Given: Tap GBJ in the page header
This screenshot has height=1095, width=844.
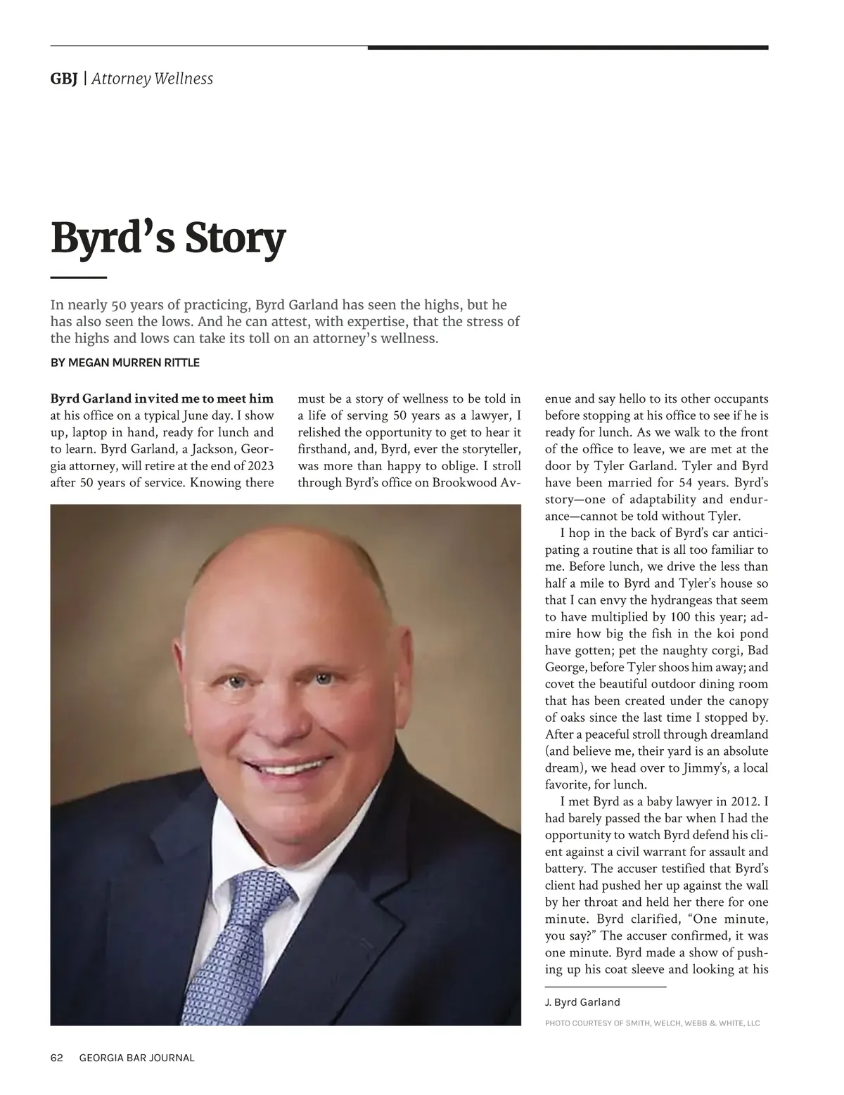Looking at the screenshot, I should (x=63, y=79).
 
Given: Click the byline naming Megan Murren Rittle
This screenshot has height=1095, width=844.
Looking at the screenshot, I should (x=125, y=363).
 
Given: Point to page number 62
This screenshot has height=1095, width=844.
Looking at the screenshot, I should (x=57, y=1058).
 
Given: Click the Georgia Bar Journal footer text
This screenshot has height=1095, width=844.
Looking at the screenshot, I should (x=137, y=1058).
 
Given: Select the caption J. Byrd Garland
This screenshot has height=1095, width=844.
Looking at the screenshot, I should (x=582, y=1002).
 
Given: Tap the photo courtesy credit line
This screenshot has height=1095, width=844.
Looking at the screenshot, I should (x=652, y=1023).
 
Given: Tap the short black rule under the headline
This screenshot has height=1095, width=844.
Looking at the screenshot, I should (x=78, y=278).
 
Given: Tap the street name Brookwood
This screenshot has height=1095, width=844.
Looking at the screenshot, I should (x=465, y=483).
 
